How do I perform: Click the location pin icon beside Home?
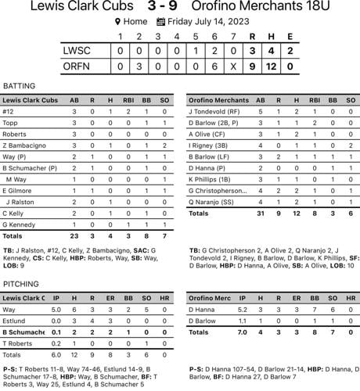click(x=117, y=23)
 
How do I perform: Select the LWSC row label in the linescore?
click(x=78, y=51)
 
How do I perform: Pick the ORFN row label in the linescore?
click(x=78, y=67)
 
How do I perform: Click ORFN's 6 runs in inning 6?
click(x=214, y=67)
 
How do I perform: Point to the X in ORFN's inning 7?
click(x=233, y=67)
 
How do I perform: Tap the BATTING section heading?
click(x=20, y=86)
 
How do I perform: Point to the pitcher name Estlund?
click(x=14, y=321)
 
